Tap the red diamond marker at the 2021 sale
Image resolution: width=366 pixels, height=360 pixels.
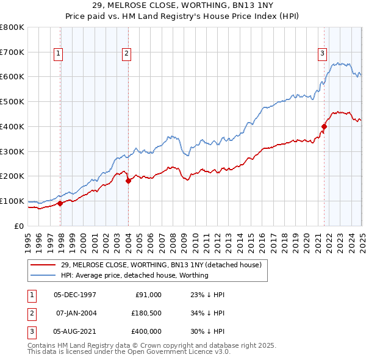pos(324,126)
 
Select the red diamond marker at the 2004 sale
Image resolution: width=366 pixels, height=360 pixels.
pos(128,181)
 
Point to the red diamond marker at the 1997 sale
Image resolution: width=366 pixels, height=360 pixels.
pos(60,203)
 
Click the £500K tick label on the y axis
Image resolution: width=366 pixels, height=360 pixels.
pos(12,102)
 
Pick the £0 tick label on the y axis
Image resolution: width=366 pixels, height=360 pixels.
pos(20,226)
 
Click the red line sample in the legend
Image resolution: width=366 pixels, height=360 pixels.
pos(44,265)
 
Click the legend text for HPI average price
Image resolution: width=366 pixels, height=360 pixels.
pos(135,275)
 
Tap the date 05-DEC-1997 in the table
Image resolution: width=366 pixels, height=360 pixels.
pos(74,295)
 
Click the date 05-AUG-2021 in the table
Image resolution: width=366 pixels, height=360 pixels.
pos(74,331)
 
